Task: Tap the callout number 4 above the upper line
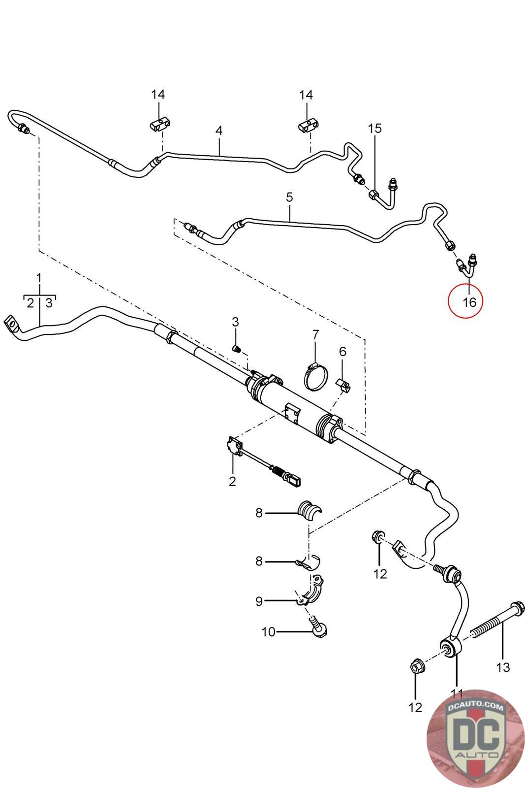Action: click(219, 131)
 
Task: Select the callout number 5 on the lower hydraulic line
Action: click(289, 197)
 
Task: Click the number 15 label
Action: click(375, 129)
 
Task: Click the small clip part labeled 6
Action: click(344, 385)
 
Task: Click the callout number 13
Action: click(503, 667)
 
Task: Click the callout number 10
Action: click(268, 632)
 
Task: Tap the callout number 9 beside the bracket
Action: click(259, 601)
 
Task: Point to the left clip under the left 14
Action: click(159, 124)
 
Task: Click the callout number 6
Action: click(342, 351)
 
